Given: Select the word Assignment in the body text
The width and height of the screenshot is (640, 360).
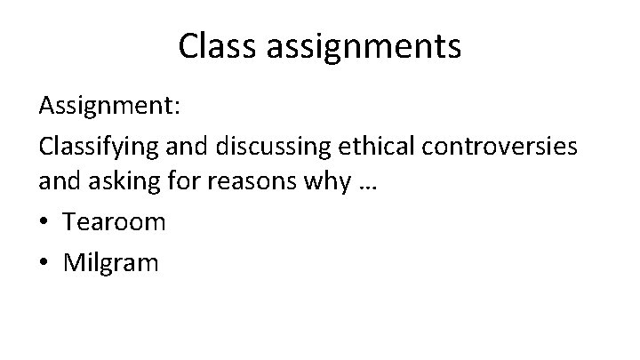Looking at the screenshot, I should coord(106,108).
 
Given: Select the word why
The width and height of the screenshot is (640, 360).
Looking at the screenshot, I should coord(326,185).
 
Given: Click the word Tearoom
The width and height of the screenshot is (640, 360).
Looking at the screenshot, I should coord(114,222).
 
